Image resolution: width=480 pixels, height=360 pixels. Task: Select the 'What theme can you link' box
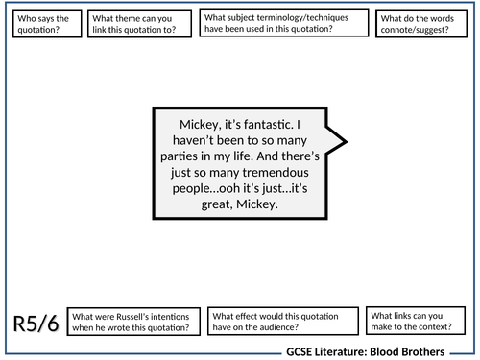pyautogui.click(x=140, y=23)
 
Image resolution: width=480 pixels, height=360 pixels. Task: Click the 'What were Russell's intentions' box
pyautogui.click(x=134, y=322)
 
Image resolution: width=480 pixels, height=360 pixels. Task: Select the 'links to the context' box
pyautogui.click(x=412, y=322)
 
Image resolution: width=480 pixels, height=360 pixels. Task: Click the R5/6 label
pyautogui.click(x=38, y=324)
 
